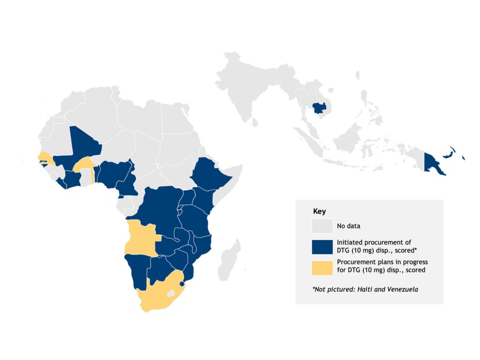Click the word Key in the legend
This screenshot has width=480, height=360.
coord(319,211)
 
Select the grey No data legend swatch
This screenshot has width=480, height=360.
coord(322,226)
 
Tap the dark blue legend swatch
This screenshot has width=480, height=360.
coord(322,246)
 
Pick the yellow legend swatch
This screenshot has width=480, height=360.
coord(322,266)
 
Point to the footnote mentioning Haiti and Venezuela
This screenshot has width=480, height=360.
coord(365,289)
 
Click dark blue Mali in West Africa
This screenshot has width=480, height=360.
coord(80,145)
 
